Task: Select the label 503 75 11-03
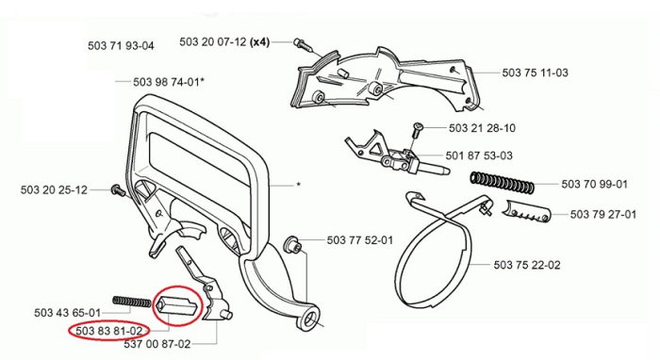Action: pyautogui.click(x=535, y=72)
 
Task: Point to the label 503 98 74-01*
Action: pyautogui.click(x=167, y=82)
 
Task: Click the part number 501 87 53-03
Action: pyautogui.click(x=481, y=155)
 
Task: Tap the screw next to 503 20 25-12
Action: pyautogui.click(x=116, y=190)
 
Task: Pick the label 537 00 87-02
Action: pyautogui.click(x=184, y=344)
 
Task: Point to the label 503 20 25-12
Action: pyautogui.click(x=54, y=190)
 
